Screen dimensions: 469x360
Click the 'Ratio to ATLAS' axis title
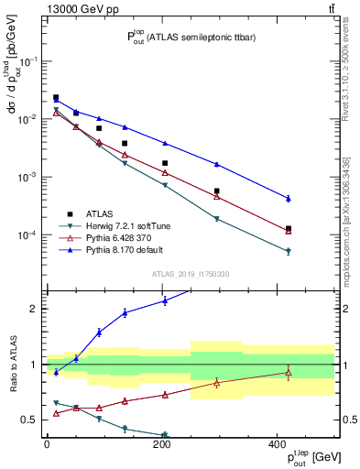click(12, 364)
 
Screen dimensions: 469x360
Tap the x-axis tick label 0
click(47, 444)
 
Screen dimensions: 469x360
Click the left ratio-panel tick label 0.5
click(29, 420)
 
